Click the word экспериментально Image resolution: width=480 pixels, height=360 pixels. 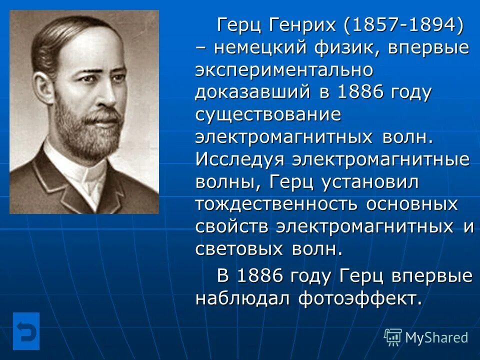tap(284, 70)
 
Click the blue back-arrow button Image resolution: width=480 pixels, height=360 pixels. tap(26, 331)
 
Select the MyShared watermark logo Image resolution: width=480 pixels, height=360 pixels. tap(426, 337)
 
